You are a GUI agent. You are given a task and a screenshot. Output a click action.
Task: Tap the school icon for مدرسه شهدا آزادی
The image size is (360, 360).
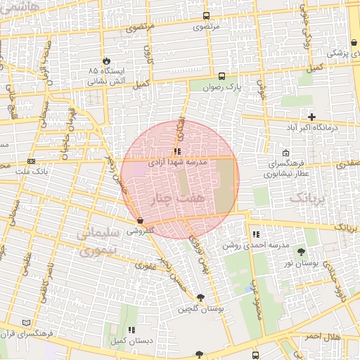pyautogui.click(x=177, y=150)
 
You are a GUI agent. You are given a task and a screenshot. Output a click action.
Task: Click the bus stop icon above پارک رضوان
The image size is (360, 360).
pyautogui.click(x=222, y=76)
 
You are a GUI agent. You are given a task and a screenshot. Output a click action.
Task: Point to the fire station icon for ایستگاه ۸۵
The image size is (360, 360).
pyautogui.click(x=107, y=61)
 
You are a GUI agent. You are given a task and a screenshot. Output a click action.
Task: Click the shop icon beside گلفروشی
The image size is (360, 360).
pyautogui.click(x=141, y=221)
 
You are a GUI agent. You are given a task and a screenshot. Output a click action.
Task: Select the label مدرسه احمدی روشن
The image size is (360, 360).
pyautogui.click(x=256, y=245)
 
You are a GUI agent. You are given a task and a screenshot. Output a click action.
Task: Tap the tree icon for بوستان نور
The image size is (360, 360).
pyautogui.click(x=302, y=251)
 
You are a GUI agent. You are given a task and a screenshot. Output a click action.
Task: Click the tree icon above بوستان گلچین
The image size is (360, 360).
pyautogui.click(x=201, y=297)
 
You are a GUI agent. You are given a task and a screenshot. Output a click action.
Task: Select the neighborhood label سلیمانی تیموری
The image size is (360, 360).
pyautogui.click(x=96, y=241)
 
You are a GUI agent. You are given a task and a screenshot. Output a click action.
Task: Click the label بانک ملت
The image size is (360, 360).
pyautogui.click(x=33, y=171)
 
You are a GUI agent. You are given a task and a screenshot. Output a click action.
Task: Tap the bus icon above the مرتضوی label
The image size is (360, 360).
pyautogui.click(x=206, y=15)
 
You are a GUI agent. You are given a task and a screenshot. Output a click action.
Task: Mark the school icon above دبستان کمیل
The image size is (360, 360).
pyautogui.click(x=131, y=329)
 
